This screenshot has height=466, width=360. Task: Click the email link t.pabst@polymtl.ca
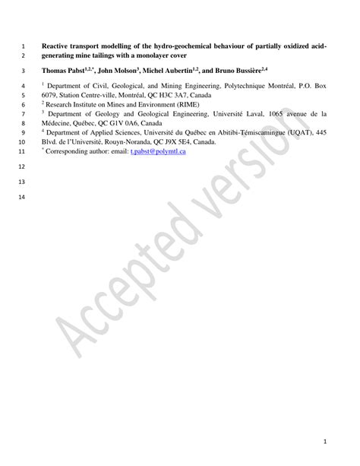158,151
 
